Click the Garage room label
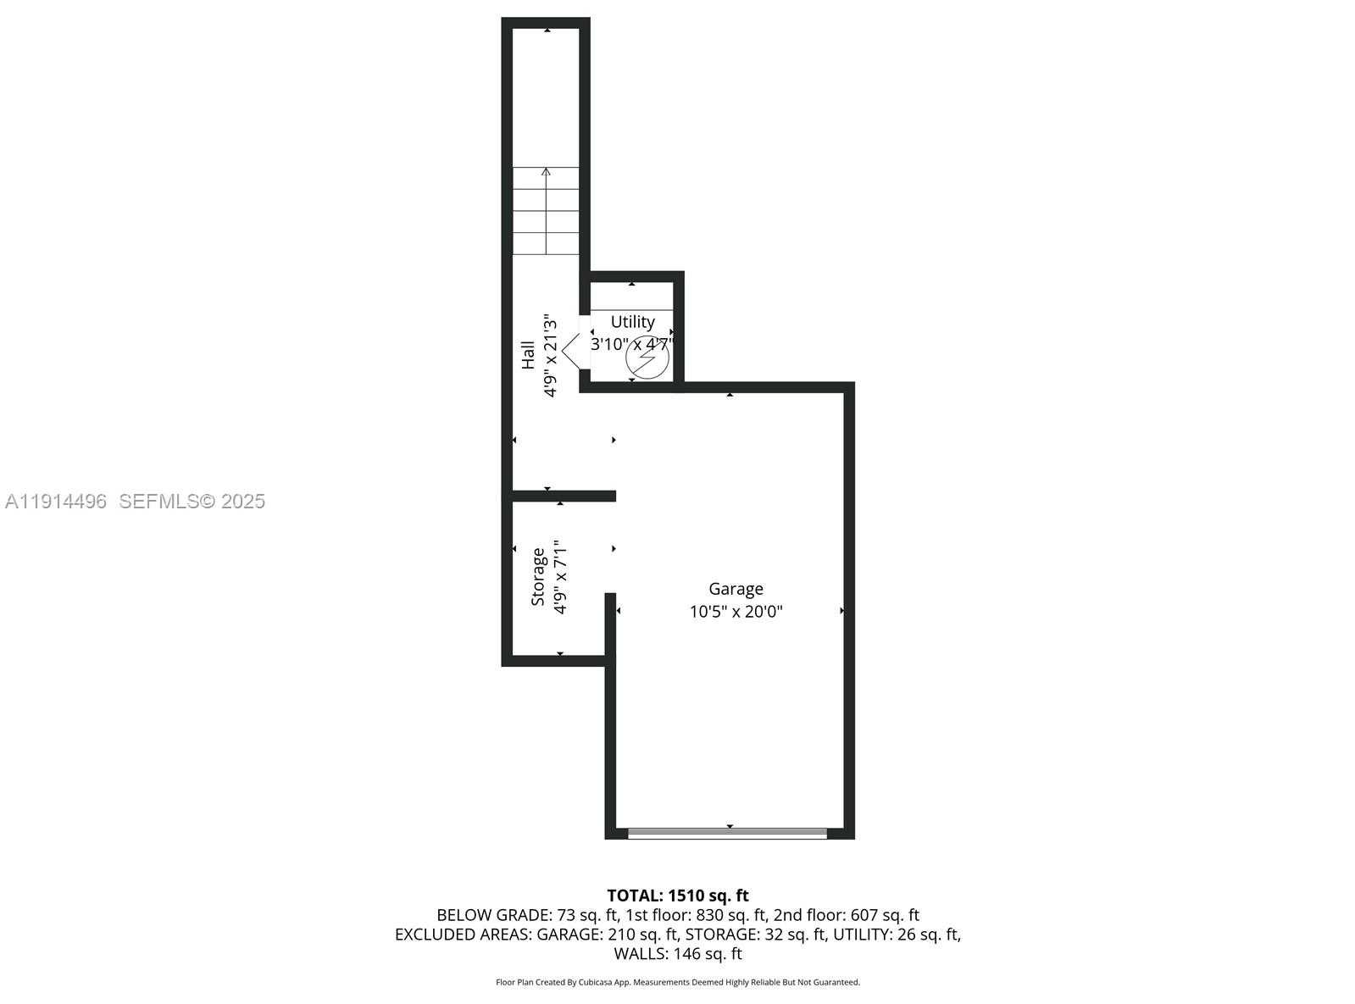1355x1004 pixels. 736,589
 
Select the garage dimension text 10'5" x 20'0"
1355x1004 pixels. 736,612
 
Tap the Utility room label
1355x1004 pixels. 633,322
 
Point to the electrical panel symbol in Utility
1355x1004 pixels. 647,359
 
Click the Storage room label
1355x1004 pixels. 538,577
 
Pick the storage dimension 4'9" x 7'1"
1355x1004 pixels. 560,577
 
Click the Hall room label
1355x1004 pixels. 528,355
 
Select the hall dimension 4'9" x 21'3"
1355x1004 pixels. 551,356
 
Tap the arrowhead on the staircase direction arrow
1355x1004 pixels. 546,172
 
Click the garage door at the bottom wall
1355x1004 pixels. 727,833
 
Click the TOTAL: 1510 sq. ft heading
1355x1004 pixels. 677,896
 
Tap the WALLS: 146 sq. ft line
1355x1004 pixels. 677,954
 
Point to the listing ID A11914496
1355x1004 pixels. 56,502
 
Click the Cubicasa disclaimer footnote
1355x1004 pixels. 677,983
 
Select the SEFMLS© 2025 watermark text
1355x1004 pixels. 192,502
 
